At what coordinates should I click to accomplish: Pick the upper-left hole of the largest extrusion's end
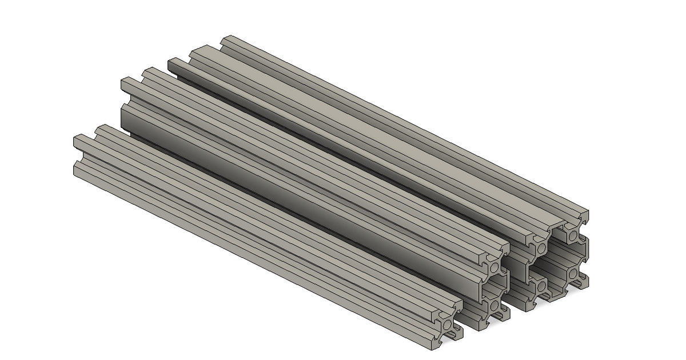coord(540,249)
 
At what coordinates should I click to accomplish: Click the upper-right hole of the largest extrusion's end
coord(572,235)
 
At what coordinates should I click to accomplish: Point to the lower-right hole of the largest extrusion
coord(572,273)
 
